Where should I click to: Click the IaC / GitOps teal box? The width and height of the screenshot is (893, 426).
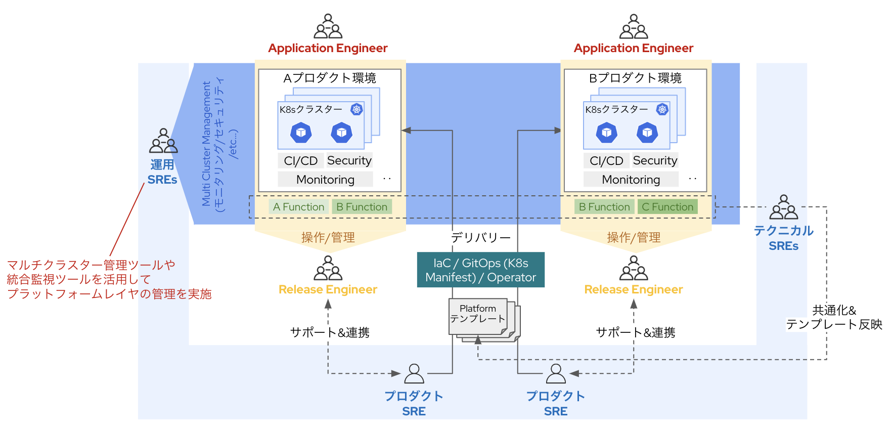point(480,270)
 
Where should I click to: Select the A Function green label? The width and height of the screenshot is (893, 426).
point(298,207)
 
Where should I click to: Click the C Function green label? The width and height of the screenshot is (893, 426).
point(667,207)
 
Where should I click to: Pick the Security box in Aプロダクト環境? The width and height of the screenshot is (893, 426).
point(349,160)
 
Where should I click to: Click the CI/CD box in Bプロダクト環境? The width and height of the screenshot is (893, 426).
point(606,161)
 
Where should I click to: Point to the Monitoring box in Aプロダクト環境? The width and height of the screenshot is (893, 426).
point(325,180)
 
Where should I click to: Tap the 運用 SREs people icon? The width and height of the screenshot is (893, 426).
point(163,141)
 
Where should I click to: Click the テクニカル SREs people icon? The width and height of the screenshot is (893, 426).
point(783,207)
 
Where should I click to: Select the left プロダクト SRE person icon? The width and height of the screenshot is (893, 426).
point(414,374)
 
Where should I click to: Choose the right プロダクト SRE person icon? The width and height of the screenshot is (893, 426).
point(556,374)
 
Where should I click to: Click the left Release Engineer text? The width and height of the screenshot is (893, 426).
point(328,289)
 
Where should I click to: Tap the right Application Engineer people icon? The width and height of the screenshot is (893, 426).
point(633,27)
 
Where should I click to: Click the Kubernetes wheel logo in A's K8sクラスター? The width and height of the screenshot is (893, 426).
point(356,109)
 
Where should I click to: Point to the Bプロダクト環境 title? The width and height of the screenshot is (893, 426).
point(635,78)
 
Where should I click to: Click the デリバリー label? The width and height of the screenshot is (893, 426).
point(480,237)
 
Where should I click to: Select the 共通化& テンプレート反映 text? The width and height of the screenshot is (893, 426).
point(834,317)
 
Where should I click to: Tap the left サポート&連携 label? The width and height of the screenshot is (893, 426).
point(330,332)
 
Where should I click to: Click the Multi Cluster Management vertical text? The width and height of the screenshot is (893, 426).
point(206,144)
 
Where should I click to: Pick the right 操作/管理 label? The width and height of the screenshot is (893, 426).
point(633,237)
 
